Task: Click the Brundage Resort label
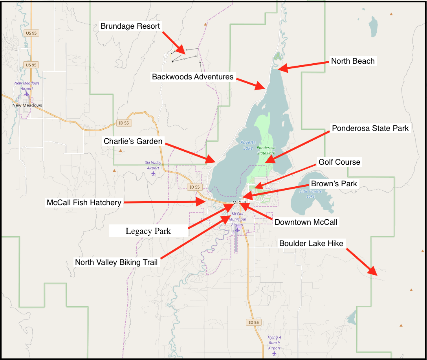coord(130,26)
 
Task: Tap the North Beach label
coord(353,61)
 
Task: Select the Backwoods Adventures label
coord(193,77)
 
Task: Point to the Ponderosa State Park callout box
coord(370,128)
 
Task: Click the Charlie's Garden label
coord(133,141)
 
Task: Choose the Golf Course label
coord(339,162)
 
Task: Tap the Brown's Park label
coord(334,184)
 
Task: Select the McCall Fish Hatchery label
coord(84,202)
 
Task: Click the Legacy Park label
coord(148,231)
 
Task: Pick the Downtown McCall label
coord(306,222)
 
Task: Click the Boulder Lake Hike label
coord(311,243)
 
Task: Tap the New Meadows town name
coord(27,105)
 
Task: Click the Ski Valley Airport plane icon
coord(153,173)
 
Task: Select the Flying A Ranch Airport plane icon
coord(274,353)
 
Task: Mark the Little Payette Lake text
coord(310,193)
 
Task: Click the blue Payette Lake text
coord(248,145)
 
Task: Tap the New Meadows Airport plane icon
coord(26,94)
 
